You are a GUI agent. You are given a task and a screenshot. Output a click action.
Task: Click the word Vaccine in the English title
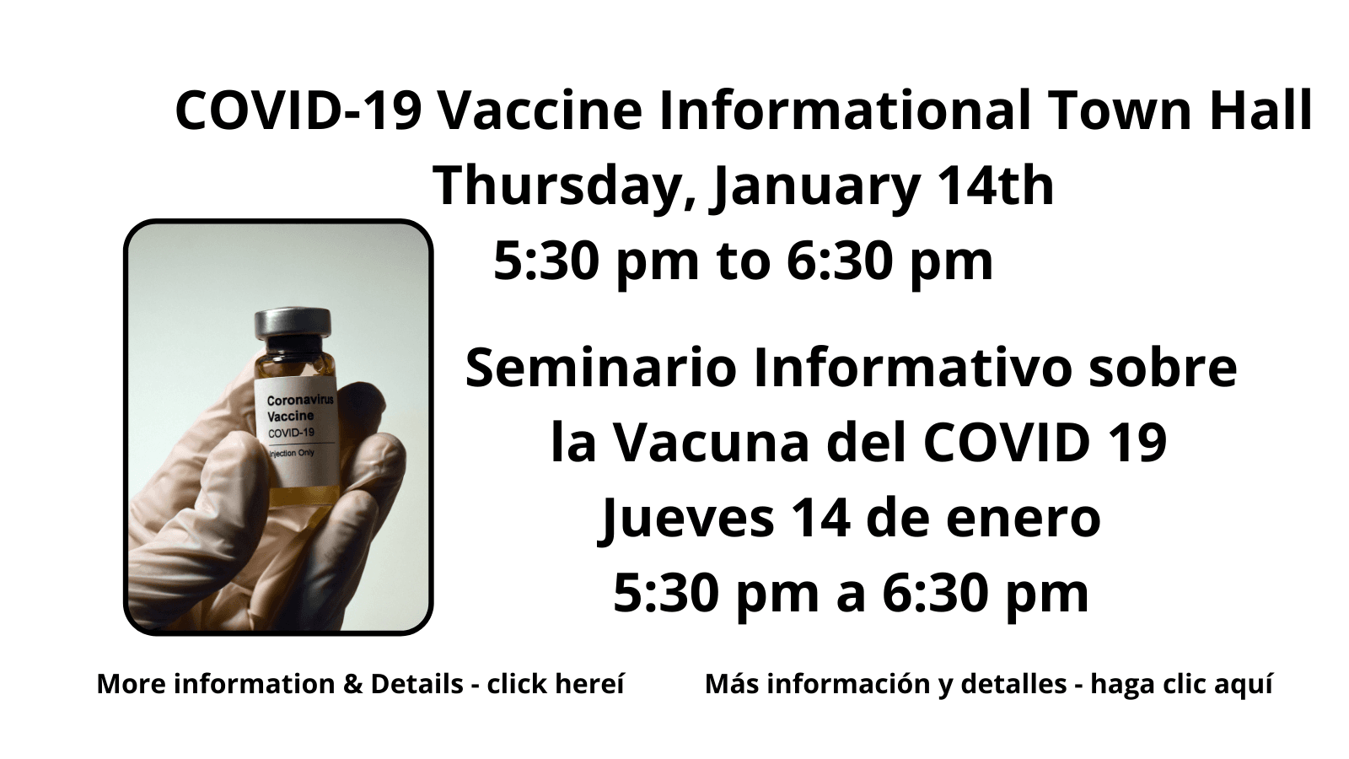[x=540, y=110]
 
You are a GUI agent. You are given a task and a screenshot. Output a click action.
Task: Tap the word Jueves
[x=686, y=519]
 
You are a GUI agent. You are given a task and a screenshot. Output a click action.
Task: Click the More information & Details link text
[x=360, y=684]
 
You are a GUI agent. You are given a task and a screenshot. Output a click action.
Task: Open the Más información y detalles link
[x=989, y=684]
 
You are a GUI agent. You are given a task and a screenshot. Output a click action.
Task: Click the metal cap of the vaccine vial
[x=293, y=324]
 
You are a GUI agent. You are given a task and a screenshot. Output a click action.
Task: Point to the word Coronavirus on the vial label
[x=300, y=400]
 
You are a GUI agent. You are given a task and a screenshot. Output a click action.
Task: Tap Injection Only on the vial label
[x=292, y=453]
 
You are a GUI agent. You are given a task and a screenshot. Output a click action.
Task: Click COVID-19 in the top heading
[x=298, y=110]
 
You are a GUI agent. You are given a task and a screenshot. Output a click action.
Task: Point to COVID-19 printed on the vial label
[x=291, y=433]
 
